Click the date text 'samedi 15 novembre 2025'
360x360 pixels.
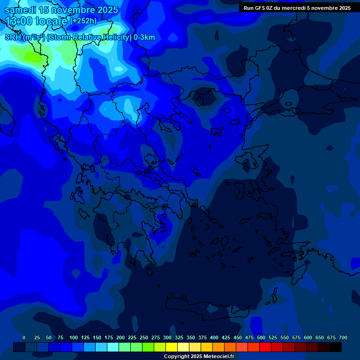[x=61, y=10]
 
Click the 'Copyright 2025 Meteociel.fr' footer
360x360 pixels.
[x=199, y=356]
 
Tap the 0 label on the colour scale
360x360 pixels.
[x=24, y=337]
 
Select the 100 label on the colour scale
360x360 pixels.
[x=74, y=337]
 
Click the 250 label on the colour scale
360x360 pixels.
[x=144, y=337]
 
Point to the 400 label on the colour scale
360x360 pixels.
[x=214, y=337]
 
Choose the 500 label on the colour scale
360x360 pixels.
[x=261, y=337]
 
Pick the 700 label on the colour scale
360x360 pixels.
[x=343, y=337]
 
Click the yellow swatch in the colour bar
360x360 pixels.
[x=172, y=347]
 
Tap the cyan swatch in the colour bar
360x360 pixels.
[x=113, y=347]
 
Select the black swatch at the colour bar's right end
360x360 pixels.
[x=336, y=347]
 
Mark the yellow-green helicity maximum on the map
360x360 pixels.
[x=33, y=57]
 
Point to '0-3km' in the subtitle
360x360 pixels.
[x=144, y=37]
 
